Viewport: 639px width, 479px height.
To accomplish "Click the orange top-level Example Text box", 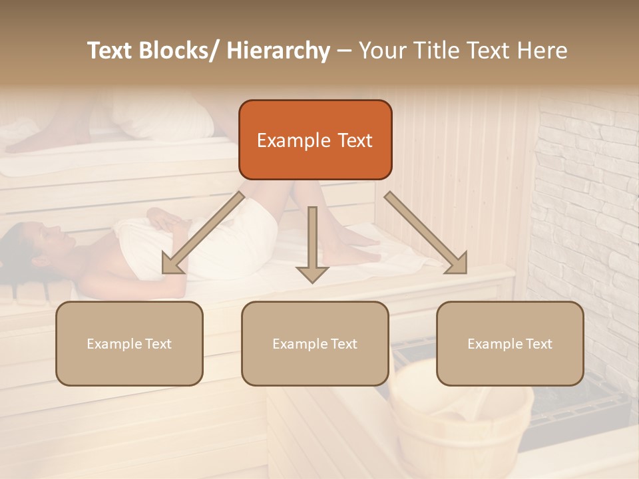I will coord(315,140).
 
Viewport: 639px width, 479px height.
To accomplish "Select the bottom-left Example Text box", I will coord(129,343).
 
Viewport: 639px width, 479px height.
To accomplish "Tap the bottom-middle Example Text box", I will coord(315,343).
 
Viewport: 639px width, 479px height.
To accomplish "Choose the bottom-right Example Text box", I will coord(510,343).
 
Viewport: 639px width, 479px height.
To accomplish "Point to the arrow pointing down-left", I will coord(203,233).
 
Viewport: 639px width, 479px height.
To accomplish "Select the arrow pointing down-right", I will coord(426,233).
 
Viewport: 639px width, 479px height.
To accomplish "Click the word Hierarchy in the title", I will coord(278,51).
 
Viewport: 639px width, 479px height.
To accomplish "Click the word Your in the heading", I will coord(382,51).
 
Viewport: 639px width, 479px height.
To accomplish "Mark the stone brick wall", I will coord(586,200).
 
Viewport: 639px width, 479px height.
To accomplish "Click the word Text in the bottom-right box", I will coord(538,344).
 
